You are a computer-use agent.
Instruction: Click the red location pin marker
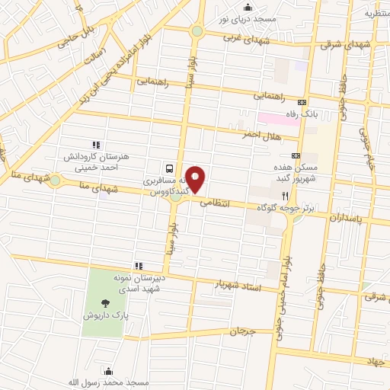coord(196,178)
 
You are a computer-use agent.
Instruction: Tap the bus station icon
coord(168,168)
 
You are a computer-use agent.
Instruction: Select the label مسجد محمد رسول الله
coord(107,382)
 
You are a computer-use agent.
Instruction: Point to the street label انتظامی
coord(214,203)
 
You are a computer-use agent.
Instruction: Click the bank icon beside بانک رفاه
coord(302,102)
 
